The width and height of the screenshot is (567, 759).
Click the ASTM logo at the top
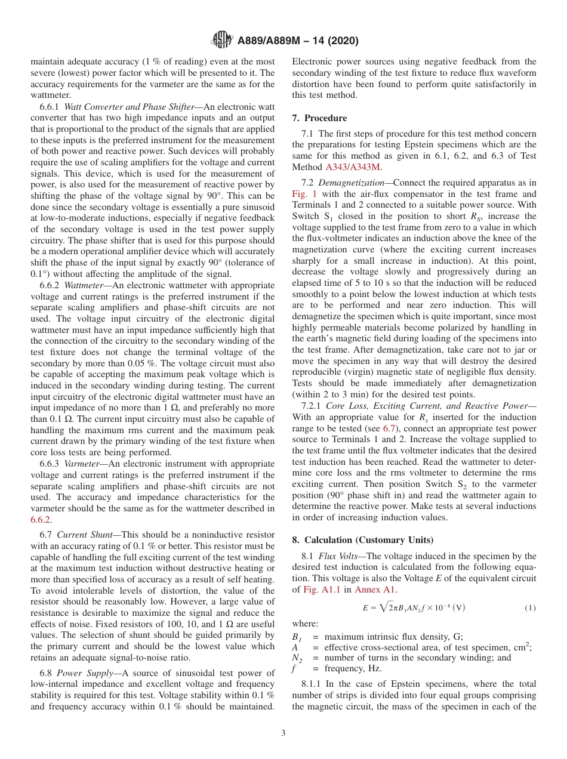coord(222,41)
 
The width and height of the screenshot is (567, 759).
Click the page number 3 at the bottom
coord(283,733)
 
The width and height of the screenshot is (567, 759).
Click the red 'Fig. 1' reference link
coord(304,195)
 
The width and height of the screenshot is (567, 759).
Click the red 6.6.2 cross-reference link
coord(42,520)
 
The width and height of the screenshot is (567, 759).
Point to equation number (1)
coord(530,608)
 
